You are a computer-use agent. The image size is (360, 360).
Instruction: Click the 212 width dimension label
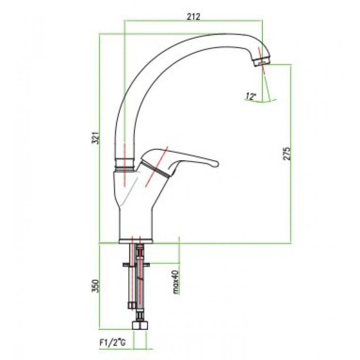pos(193,17)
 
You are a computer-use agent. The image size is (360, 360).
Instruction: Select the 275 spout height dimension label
pos(287,154)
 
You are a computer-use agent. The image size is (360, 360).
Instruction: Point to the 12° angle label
pos(251,96)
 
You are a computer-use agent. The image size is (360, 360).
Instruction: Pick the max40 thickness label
pos(176,282)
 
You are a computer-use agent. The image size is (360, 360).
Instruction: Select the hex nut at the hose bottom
pos(140,326)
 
